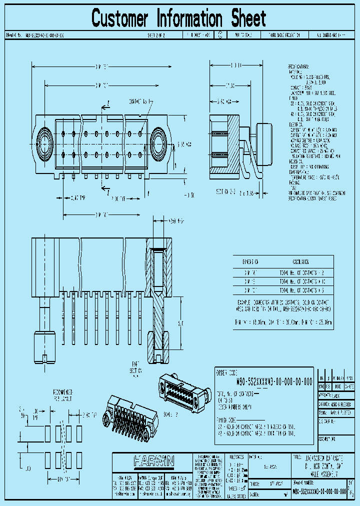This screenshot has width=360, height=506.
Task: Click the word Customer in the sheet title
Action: [x=120, y=18]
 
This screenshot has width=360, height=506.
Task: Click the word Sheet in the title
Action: [x=248, y=18]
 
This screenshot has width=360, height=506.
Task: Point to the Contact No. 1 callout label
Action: [x=141, y=101]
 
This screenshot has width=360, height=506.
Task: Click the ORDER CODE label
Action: [x=225, y=372]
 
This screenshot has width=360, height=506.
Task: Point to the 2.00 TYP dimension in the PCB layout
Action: [x=89, y=414]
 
